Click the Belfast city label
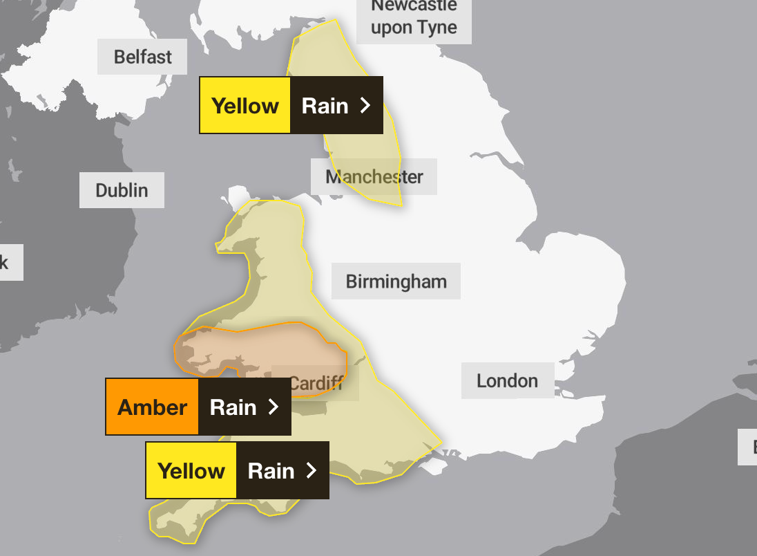pos(142,57)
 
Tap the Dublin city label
pos(122,190)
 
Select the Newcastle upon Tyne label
pos(414,18)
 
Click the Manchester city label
pos(374,176)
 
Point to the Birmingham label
pos(396,281)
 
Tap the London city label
pos(507,380)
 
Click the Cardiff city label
pos(316,383)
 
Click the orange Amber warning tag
pos(152,407)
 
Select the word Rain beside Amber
pos(233,407)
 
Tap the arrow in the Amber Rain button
pos(274,407)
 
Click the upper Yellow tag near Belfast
pos(245,105)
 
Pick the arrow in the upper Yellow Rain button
pos(365,105)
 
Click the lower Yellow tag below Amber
pos(191,470)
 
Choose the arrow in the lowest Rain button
pos(312,470)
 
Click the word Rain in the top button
pos(325,105)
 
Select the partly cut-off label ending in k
pos(7,262)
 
